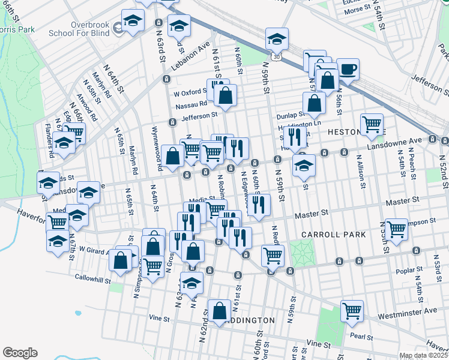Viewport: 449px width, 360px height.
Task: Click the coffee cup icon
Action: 348,69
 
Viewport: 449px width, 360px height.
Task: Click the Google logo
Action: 20,352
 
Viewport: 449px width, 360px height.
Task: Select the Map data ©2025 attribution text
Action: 423,355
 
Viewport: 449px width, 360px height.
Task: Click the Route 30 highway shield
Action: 275,56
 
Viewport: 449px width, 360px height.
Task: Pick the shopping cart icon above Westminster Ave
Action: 352,311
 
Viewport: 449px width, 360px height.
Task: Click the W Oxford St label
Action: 190,94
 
